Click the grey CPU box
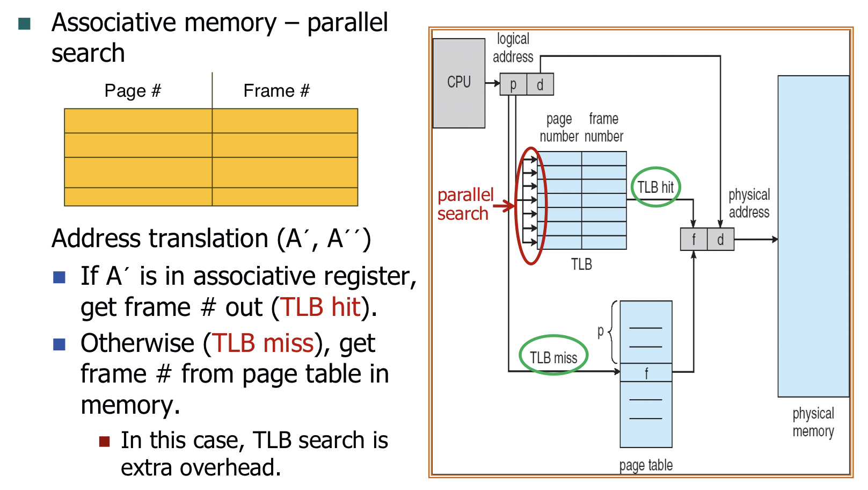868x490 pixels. coord(459,83)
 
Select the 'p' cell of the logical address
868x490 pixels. coord(513,84)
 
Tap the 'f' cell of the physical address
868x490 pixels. coord(694,239)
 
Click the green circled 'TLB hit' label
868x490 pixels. coord(655,187)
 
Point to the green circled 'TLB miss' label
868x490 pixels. coord(553,357)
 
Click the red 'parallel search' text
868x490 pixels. coord(465,204)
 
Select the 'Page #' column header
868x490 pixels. coord(133,91)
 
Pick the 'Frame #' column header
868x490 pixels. coord(276,91)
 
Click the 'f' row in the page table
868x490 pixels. coord(646,373)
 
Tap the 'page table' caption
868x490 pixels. coord(646,465)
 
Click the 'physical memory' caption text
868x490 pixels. coord(813,422)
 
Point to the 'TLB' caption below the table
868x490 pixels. coord(581,264)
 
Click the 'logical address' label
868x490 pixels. coord(513,48)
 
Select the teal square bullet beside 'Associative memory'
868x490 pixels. coord(24,24)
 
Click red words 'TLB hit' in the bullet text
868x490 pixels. coord(320,307)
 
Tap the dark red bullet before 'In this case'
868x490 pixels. coord(104,442)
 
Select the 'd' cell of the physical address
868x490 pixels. coord(720,239)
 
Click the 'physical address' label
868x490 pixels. coord(749,203)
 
